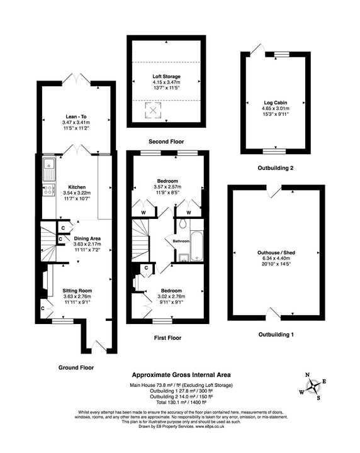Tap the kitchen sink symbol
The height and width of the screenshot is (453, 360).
[x=48, y=167]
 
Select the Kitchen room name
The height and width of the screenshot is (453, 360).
[x=77, y=187]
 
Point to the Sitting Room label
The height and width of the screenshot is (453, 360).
[x=77, y=291]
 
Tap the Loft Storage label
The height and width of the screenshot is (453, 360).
[x=166, y=77]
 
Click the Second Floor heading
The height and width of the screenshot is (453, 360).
[x=167, y=142]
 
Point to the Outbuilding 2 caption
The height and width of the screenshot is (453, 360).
[x=275, y=168]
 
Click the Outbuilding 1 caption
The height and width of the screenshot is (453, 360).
[x=274, y=334]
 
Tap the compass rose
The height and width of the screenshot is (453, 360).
[x=313, y=386]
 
